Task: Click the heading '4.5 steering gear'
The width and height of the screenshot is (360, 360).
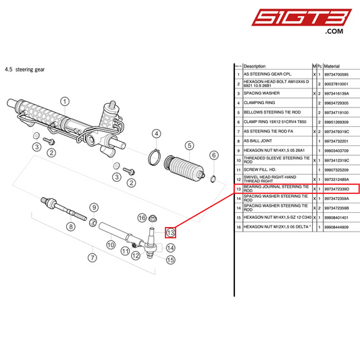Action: (x=24, y=69)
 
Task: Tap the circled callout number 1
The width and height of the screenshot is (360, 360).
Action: (x=65, y=102)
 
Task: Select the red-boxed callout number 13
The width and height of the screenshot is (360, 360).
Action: (x=171, y=232)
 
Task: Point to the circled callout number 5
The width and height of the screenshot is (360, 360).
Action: (x=190, y=145)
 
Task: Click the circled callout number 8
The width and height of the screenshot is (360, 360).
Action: (x=70, y=226)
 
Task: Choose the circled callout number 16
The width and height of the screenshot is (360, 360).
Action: (x=142, y=217)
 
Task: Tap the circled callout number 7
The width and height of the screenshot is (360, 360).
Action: (x=93, y=257)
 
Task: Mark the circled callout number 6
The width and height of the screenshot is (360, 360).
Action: (x=213, y=155)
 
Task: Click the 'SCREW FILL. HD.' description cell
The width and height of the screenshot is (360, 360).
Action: (x=261, y=170)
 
